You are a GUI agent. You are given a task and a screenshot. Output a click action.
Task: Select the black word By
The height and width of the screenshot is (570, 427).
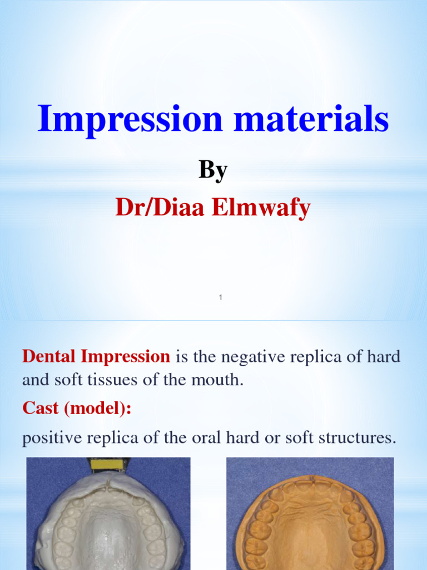coord(213,170)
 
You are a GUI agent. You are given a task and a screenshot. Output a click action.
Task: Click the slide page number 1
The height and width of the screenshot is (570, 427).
coord(220,298)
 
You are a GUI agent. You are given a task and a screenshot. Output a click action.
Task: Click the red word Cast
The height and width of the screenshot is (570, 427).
coord(41,408)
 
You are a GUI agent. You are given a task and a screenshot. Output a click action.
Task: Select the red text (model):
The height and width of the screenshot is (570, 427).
coord(98,409)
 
